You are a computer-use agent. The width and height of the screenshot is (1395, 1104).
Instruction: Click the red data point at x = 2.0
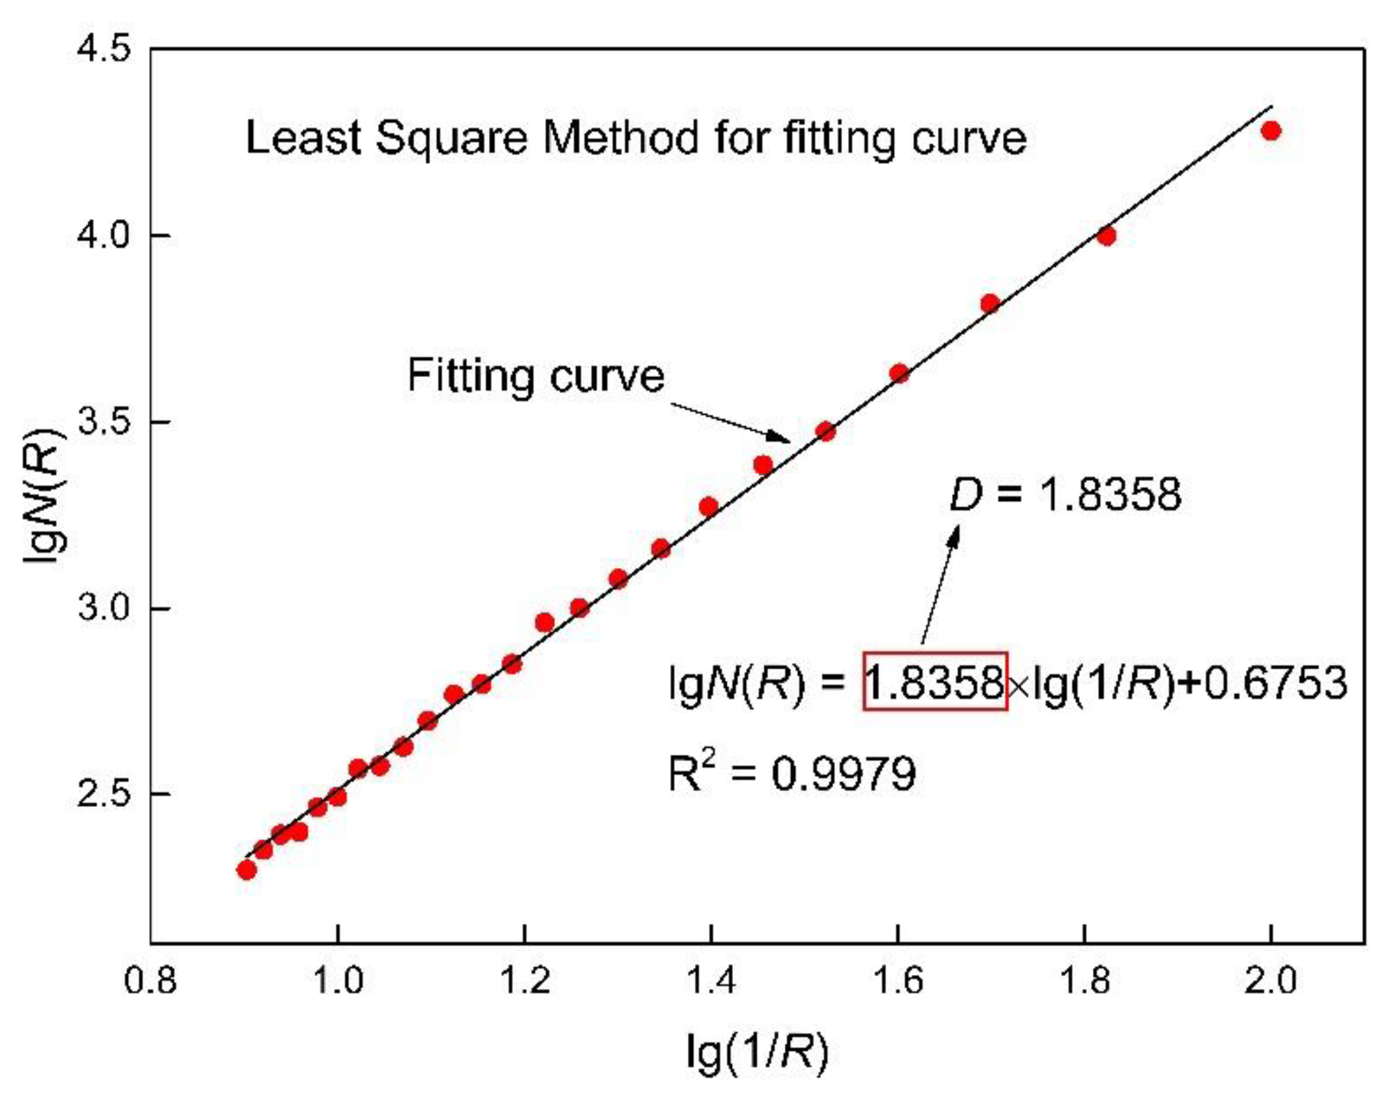click(1271, 131)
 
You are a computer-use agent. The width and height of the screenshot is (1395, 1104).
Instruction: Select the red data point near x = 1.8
click(1107, 236)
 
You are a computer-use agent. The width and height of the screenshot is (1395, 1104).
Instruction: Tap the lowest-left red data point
click(246, 870)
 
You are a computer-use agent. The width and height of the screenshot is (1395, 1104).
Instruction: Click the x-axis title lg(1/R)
click(757, 1052)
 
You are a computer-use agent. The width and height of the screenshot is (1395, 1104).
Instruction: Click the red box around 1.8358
click(935, 681)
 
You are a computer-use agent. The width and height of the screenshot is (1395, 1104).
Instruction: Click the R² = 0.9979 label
click(791, 773)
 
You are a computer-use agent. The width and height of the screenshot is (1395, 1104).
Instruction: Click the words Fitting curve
click(536, 376)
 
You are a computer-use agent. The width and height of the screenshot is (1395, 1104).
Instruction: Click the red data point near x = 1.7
click(989, 303)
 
